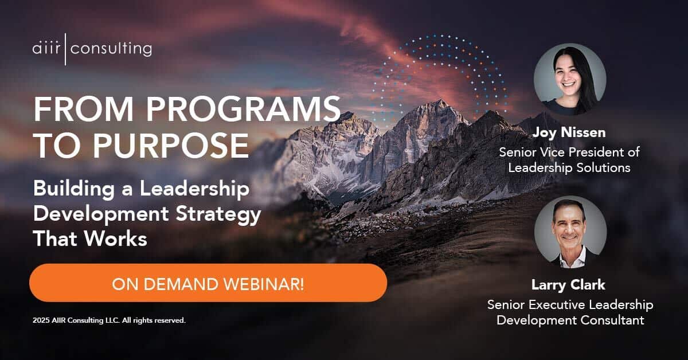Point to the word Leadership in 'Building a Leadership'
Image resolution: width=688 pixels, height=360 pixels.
(x=198, y=190)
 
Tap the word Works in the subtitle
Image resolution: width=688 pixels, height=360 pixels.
(x=119, y=239)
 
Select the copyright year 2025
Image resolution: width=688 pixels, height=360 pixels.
(x=41, y=320)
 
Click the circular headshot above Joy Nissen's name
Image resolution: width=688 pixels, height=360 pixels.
(x=569, y=79)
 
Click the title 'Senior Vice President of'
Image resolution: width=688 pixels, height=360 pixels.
(x=569, y=153)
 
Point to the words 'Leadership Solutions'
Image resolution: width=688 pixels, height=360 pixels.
(x=570, y=168)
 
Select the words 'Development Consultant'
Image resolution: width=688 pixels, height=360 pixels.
(x=570, y=320)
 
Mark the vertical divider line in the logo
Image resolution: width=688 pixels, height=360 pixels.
(x=67, y=49)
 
